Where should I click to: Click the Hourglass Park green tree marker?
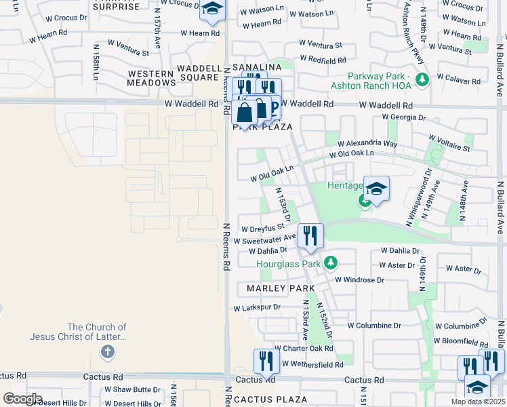coord(331,262)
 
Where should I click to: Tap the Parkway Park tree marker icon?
coord(423,80)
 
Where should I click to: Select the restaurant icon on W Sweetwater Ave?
coord(310,235)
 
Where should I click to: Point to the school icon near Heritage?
coord(376,188)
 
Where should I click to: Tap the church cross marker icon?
coord(107,351)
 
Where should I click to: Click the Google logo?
coord(22,398)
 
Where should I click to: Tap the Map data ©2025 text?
coord(478,402)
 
